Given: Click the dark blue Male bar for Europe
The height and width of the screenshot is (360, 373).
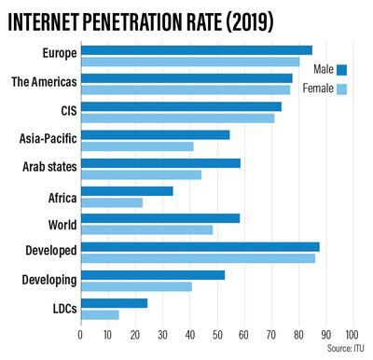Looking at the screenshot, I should coord(196,50).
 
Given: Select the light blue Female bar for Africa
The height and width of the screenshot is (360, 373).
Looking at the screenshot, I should coord(112,202).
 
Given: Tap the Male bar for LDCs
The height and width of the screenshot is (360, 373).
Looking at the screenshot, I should coord(114,303).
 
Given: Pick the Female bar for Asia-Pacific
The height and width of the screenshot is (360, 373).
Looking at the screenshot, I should coord(137,146).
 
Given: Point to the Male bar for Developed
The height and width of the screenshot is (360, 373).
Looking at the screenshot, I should coord(200,247).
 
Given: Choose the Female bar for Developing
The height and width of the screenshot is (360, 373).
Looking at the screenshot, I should coord(136,286).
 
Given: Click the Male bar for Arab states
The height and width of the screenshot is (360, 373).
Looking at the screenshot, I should coord(160,163).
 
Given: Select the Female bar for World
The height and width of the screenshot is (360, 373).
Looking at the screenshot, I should coord(146,229).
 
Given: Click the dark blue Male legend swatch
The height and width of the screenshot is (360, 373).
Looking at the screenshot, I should coord(342,69).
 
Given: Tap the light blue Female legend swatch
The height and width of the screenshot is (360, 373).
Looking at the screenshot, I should coord(342,90).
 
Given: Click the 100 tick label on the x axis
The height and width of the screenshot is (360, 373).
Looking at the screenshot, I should coord(352,333).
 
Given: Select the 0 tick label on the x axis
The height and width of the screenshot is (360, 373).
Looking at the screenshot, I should coord(81,333).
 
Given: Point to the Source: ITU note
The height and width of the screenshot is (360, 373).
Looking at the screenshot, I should coord(345,348).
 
